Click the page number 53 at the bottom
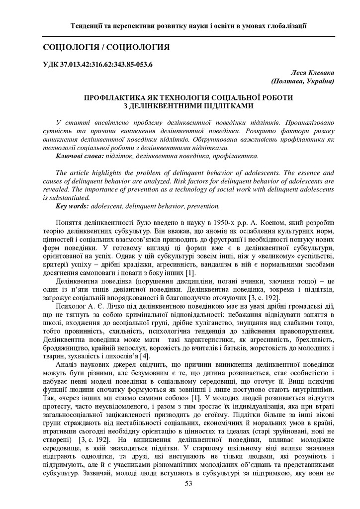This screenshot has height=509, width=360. click(188, 484)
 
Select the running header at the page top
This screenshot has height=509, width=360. click(188, 25)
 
